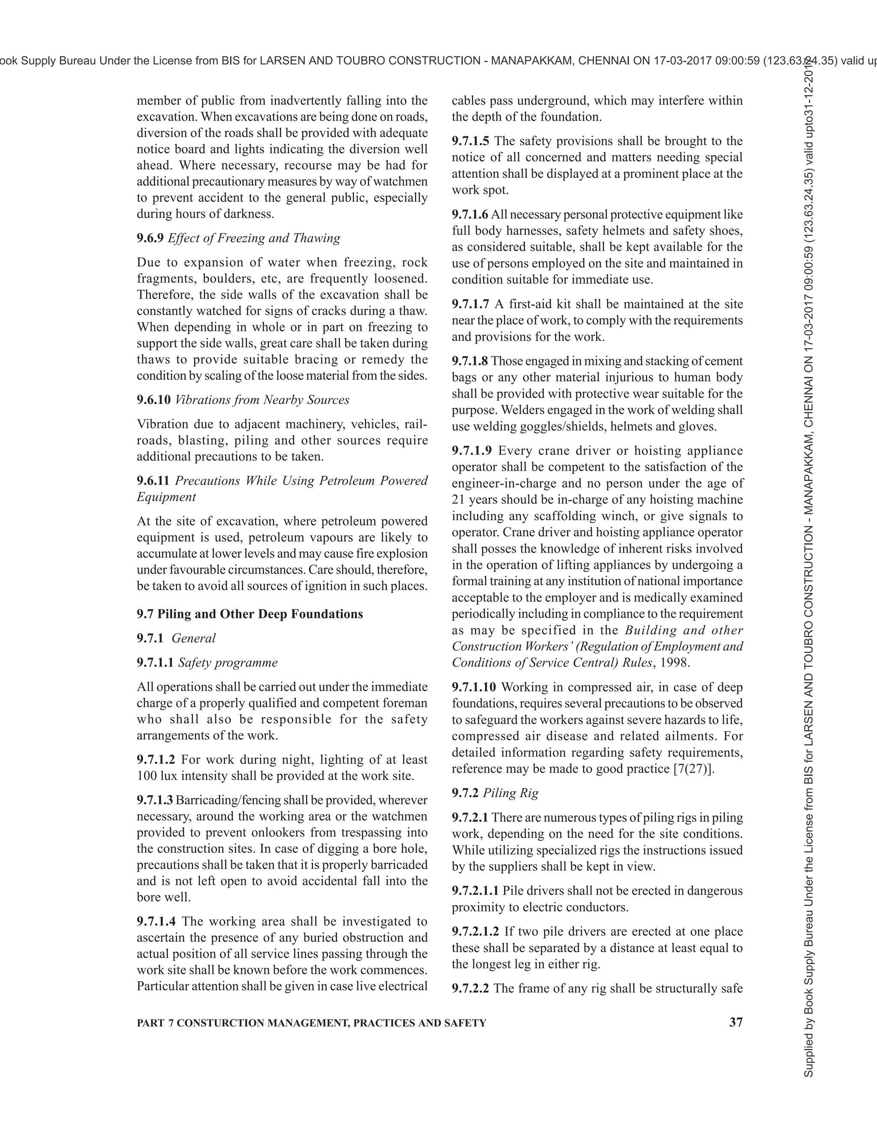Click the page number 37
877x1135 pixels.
[x=736, y=1022]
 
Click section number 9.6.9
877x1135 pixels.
[x=150, y=238]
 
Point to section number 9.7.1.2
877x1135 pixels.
[x=156, y=760]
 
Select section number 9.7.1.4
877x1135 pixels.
[x=156, y=921]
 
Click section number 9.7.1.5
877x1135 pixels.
[x=470, y=141]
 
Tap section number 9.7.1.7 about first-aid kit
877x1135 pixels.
[x=470, y=304]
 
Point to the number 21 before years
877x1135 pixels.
[x=458, y=499]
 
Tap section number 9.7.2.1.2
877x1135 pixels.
[x=475, y=932]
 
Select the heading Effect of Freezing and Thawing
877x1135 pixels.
[x=254, y=238]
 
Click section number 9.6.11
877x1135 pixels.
[x=153, y=481]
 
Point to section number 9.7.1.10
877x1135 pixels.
[x=473, y=687]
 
